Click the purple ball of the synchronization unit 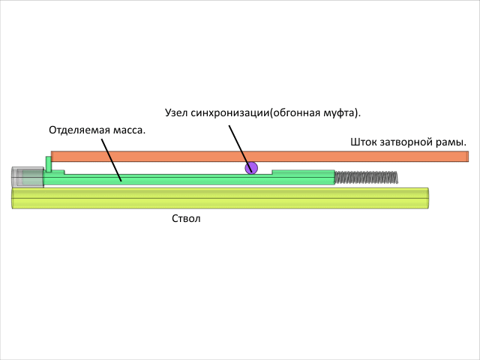[x=251, y=168]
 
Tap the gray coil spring [x=365, y=178]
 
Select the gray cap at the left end [x=26, y=177]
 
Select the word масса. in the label [x=128, y=129]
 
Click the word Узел [x=176, y=112]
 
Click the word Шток [x=363, y=141]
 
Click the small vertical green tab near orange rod [x=49, y=163]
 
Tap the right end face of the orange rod [x=467, y=156]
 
